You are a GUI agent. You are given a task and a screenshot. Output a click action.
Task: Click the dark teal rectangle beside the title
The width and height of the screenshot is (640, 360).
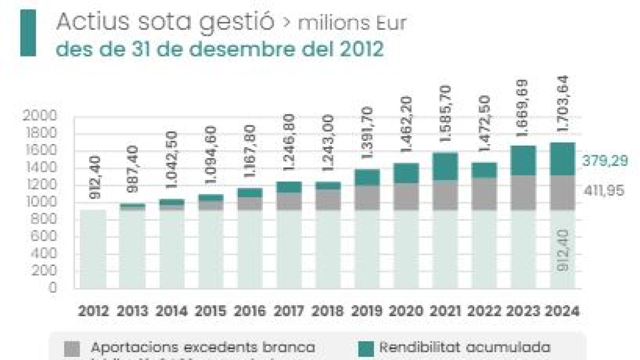28,33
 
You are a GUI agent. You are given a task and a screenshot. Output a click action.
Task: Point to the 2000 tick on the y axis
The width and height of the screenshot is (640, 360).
41,116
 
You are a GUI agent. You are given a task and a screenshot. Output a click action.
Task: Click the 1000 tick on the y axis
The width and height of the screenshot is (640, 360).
41,202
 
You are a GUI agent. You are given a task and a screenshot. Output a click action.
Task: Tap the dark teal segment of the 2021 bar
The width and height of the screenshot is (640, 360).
445,166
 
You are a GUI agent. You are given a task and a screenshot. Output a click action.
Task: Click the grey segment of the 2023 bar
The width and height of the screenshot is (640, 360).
523,193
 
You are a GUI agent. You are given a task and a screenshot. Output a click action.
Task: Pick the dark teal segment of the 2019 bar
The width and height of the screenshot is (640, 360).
367,178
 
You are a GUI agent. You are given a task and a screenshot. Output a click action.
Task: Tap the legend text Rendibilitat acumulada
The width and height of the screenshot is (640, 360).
465,348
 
